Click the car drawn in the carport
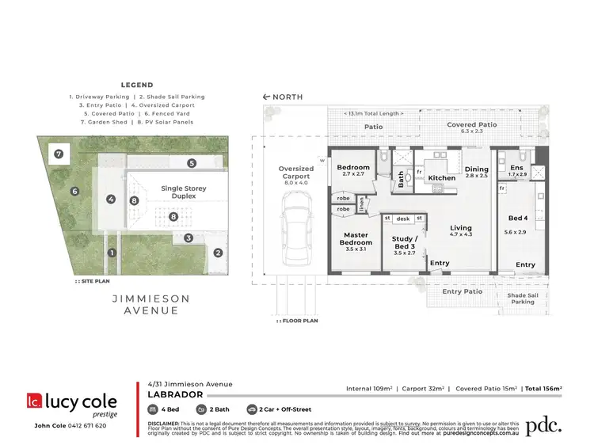[295, 235]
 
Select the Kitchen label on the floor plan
[441, 178]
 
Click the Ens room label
[517, 169]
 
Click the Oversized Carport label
[296, 173]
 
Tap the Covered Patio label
[471, 125]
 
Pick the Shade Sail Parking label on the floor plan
[521, 298]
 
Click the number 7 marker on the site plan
[58, 152]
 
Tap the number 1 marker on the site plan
[112, 253]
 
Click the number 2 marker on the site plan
[217, 253]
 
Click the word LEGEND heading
[137, 85]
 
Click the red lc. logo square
[35, 401]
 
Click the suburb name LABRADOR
[177, 394]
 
